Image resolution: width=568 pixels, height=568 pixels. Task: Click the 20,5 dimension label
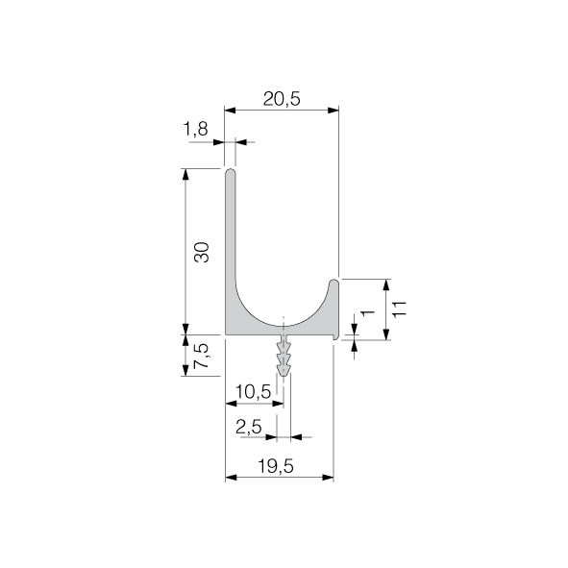(x=282, y=99)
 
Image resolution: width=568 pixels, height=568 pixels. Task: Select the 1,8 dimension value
(x=196, y=129)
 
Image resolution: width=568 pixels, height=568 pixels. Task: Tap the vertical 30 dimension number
(x=202, y=252)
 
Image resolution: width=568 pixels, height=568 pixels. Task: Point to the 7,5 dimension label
(x=202, y=356)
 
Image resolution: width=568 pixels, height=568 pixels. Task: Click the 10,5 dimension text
(x=253, y=391)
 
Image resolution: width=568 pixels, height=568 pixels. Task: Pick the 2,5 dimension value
(x=249, y=427)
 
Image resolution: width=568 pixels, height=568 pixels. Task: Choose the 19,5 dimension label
(x=275, y=466)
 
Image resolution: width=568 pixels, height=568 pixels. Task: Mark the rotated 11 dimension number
(x=399, y=309)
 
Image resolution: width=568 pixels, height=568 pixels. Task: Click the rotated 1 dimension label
(x=368, y=312)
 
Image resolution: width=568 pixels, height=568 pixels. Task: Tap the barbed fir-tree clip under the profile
(x=284, y=355)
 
